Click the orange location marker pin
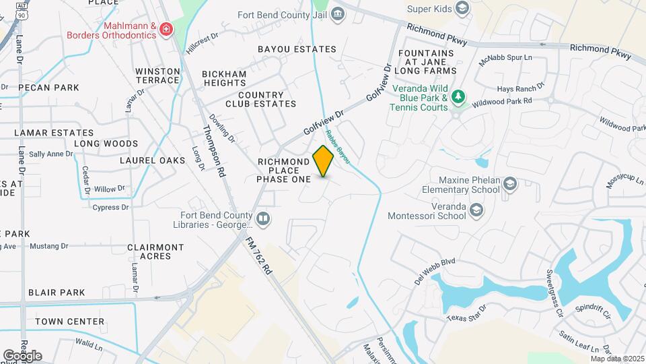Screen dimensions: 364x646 (x=323, y=161)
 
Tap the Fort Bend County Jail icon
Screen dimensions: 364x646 (x=338, y=13)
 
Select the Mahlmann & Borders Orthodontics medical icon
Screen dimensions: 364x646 (x=165, y=29)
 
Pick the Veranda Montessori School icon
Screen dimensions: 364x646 (x=476, y=212)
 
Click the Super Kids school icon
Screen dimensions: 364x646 (x=462, y=8)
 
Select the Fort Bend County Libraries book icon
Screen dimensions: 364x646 (x=263, y=219)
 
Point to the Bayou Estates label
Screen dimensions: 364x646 (x=297, y=49)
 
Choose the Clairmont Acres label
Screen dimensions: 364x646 (x=155, y=251)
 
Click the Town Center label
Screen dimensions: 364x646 (x=70, y=322)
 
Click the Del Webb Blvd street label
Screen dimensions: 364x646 (x=435, y=270)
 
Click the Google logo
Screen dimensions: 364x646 (x=22, y=355)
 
